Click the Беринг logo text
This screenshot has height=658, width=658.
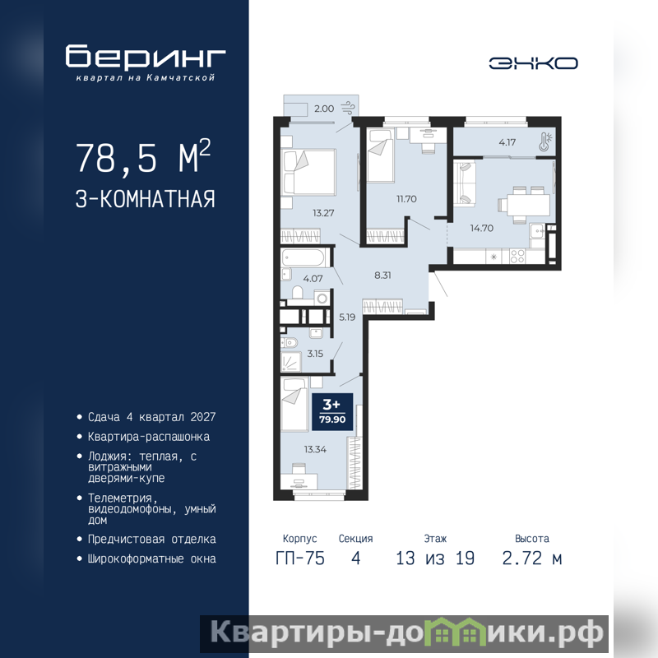146,56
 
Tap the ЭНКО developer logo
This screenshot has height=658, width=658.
533,63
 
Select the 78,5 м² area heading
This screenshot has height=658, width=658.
143,157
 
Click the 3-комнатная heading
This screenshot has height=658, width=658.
146,199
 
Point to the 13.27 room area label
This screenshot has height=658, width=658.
323,213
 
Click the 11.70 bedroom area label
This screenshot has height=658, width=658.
406,199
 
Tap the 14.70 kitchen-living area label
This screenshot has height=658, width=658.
482,229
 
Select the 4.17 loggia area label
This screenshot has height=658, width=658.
507,142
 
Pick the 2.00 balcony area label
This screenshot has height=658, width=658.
324,109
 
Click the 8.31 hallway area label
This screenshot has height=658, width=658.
382,276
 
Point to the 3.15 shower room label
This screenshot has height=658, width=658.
315,354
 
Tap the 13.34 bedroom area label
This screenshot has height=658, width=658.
315,449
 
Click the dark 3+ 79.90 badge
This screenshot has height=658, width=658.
332,412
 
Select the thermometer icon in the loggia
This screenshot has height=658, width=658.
545,141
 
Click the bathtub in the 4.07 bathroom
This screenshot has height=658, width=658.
304,257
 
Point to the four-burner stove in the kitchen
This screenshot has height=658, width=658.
517,257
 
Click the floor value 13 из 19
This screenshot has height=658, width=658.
435,558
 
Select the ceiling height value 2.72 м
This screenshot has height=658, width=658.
531,558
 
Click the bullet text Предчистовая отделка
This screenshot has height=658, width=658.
151,540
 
